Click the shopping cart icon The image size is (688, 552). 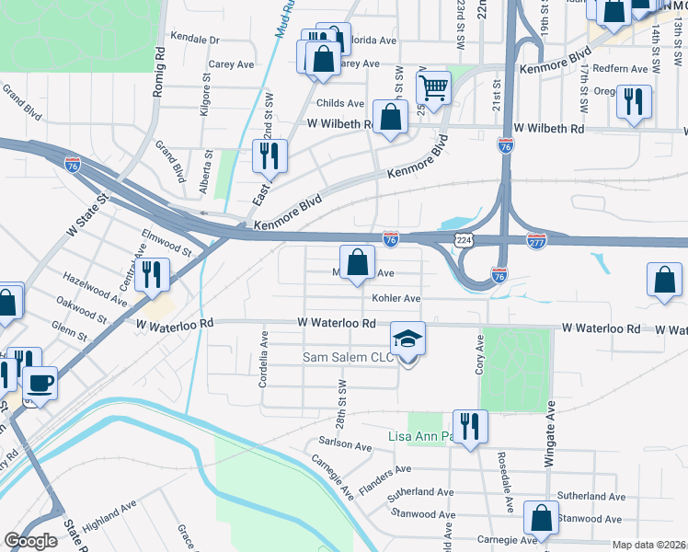click(433, 89)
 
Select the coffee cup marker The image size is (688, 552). click(39, 382)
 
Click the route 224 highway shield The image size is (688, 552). click(464, 239)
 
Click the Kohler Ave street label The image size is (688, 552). click(396, 298)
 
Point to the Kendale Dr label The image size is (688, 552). click(195, 40)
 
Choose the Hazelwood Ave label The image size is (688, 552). click(95, 289)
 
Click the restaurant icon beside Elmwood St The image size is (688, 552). click(153, 273)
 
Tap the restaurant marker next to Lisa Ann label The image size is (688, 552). click(470, 427)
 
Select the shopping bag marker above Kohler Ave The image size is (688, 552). click(357, 262)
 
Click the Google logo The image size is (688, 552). click(31, 541)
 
